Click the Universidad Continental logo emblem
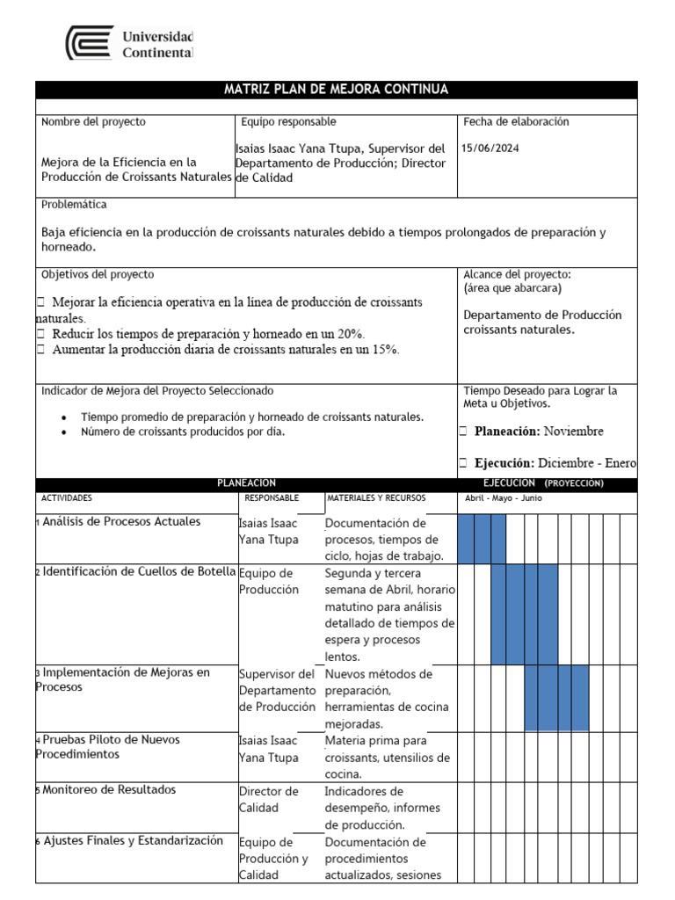91,43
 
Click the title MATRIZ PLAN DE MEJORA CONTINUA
336,90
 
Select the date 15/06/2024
490,148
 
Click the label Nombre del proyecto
93,122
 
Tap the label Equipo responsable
288,122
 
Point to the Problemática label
74,205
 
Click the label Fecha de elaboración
516,122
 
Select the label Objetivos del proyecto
98,275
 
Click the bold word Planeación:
507,432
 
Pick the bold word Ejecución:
504,463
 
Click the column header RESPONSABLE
272,498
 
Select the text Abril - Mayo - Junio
504,498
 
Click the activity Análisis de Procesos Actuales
121,522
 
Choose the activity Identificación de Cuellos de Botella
139,572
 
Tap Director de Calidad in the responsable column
269,799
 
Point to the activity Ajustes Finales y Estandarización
133,841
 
